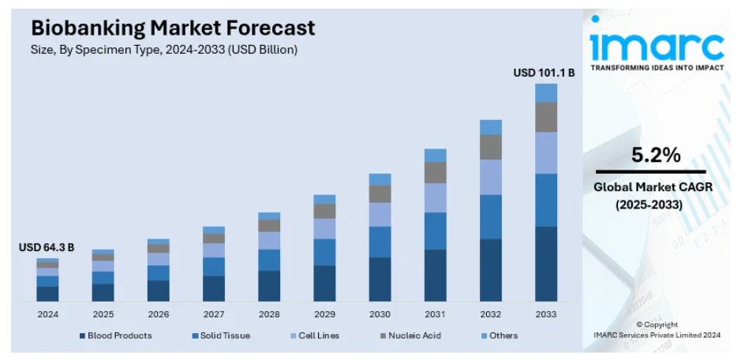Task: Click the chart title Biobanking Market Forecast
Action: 172,28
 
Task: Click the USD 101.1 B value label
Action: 544,73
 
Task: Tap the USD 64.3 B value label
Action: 47,248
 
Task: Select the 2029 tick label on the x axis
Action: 324,313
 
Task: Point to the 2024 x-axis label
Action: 47,313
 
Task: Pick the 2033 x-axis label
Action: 546,313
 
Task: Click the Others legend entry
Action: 503,336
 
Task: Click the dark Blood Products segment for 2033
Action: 546,264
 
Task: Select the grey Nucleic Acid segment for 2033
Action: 546,117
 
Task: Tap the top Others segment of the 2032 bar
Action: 491,127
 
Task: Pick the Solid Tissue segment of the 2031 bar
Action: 436,231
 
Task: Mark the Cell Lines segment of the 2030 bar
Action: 380,215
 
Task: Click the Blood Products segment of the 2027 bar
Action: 214,288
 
